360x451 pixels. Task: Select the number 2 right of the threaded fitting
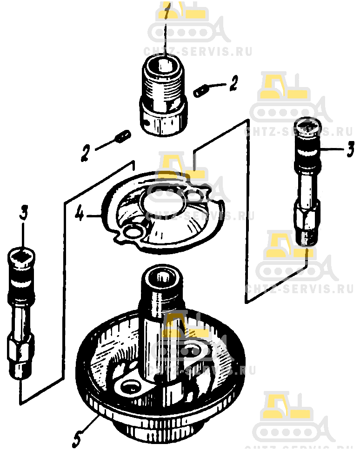point(233,83)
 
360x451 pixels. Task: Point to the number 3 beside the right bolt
point(350,149)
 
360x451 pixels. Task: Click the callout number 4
point(80,214)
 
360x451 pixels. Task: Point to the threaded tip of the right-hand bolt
point(307,238)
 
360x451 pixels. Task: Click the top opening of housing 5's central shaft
point(164,277)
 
